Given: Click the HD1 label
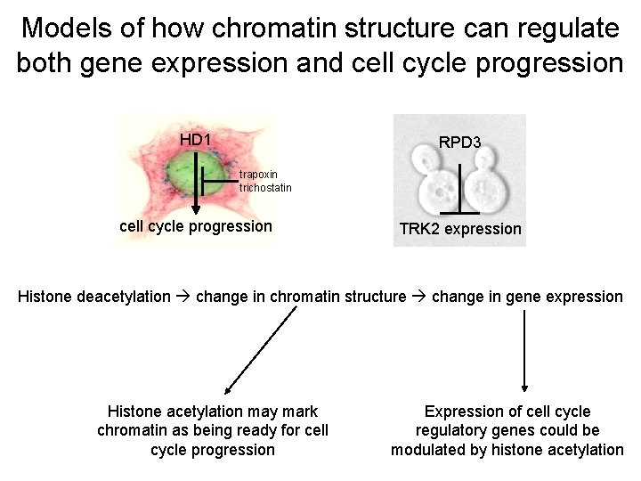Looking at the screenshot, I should [x=195, y=140].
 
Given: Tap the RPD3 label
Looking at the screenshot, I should [x=460, y=142].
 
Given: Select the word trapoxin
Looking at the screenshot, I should [x=258, y=174].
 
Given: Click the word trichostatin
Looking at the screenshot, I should [x=265, y=187].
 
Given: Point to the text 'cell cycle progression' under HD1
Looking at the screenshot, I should [x=196, y=226].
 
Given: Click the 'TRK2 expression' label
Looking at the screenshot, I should [x=460, y=229].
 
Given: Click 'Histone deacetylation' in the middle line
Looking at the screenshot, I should [x=93, y=297].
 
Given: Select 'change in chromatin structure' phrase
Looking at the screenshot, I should [x=301, y=297].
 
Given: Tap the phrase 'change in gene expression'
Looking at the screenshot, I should [x=527, y=297].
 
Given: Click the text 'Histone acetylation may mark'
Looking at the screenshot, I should [x=213, y=412].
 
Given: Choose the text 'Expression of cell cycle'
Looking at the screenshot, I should [x=507, y=412].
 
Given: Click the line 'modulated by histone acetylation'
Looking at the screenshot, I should [x=507, y=450].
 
